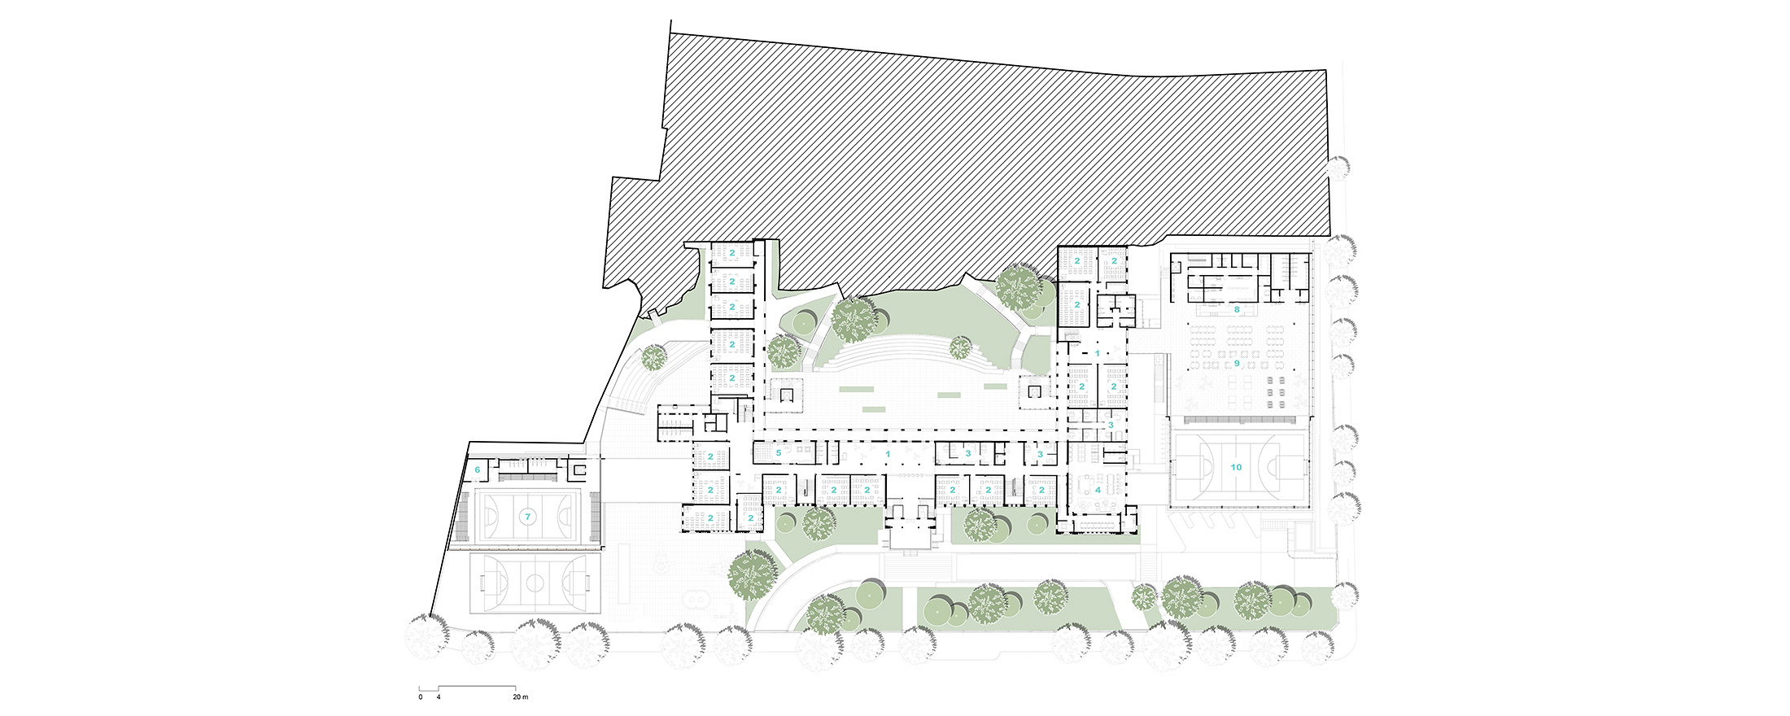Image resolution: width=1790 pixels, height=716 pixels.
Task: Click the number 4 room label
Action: (x=1098, y=490)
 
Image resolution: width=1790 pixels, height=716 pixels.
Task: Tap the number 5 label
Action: (x=779, y=452)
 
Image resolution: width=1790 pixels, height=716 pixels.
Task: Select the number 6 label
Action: (x=478, y=469)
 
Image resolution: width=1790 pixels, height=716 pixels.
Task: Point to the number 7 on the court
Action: (x=527, y=517)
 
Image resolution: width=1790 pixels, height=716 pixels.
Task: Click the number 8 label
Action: (x=1236, y=310)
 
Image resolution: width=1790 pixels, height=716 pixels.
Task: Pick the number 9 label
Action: (x=1237, y=363)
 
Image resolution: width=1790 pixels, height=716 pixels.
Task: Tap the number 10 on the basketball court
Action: (x=1236, y=467)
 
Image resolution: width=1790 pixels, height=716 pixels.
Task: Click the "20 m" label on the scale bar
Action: (x=520, y=697)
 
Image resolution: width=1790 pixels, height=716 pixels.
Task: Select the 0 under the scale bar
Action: (x=421, y=697)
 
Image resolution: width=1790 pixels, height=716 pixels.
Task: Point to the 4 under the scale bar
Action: (x=439, y=697)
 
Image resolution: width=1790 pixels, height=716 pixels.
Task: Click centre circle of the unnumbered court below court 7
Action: (x=535, y=582)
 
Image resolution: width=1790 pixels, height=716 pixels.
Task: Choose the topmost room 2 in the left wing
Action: (x=732, y=253)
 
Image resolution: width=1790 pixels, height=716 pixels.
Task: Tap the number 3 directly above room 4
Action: (x=1110, y=425)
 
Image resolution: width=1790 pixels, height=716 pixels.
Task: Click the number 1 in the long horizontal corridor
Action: (x=888, y=453)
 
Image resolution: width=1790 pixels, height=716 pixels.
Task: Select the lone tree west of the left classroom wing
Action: (x=653, y=357)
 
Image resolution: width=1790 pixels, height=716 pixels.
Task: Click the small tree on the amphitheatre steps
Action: (x=961, y=347)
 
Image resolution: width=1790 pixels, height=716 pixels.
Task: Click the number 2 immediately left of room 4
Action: (x=1041, y=490)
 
